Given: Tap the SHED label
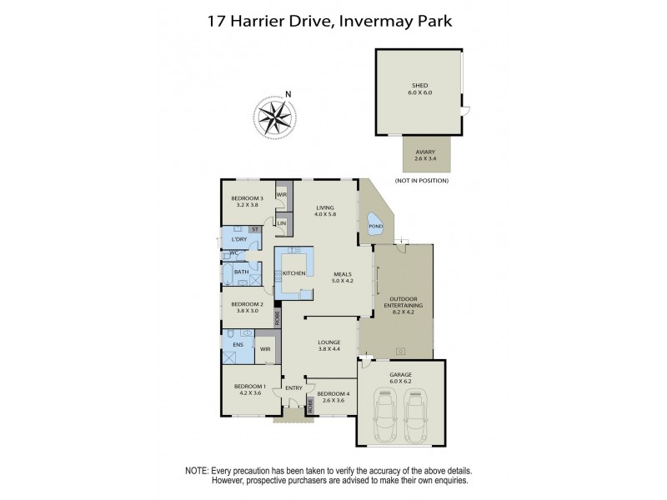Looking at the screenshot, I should click(419, 83).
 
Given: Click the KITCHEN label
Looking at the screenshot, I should click(294, 272).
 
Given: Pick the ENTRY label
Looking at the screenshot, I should click(293, 387).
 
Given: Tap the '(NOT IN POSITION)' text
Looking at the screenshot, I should click(422, 181).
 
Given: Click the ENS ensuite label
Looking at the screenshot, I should click(238, 343).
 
